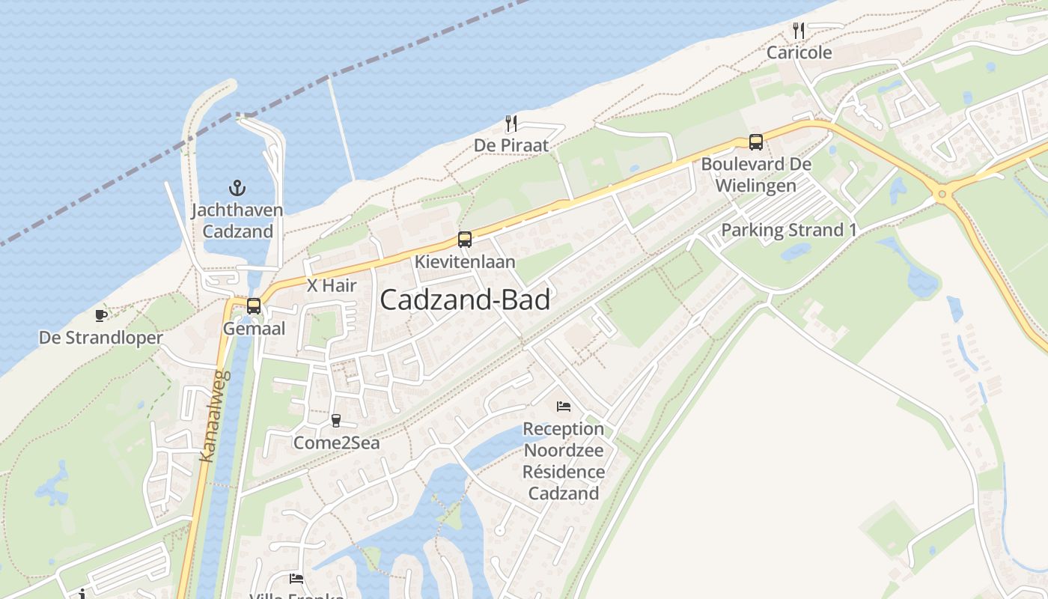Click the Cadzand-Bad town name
point(465,299)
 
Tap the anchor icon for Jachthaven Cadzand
point(237,187)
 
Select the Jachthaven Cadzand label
point(237,220)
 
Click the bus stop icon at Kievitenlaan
point(465,240)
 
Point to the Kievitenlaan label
point(465,261)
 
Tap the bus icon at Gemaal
point(254,305)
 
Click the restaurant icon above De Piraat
point(511,123)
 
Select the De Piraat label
point(511,145)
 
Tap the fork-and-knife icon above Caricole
point(799,31)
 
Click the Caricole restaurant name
point(799,53)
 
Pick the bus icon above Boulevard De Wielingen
point(756,142)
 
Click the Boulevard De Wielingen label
point(756,174)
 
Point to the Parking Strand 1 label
point(788,230)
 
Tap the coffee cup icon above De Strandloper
point(101,315)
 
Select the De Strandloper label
point(101,338)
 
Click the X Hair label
point(332,285)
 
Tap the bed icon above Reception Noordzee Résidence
point(564,407)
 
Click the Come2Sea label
point(336,443)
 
